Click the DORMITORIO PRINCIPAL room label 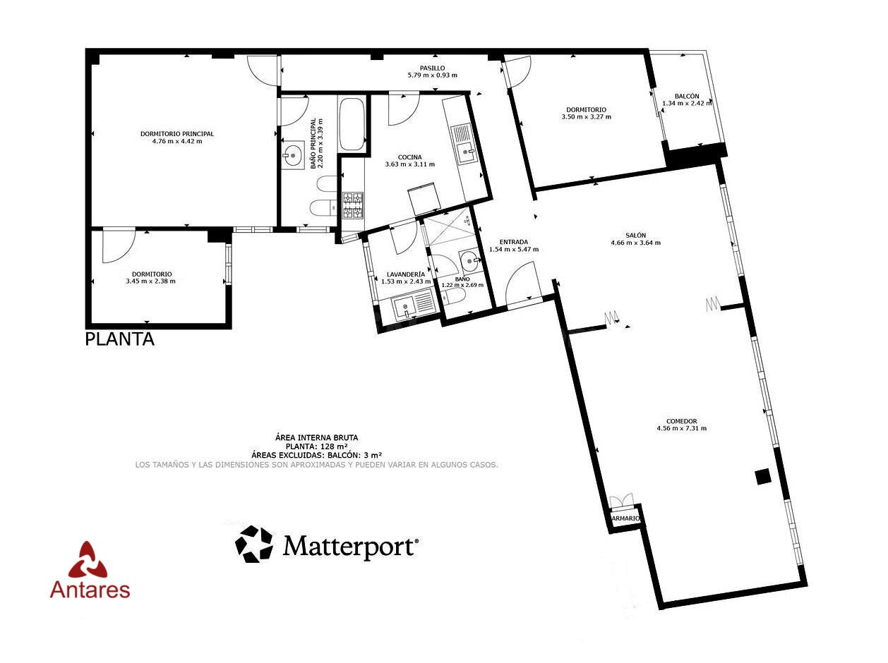[176, 134]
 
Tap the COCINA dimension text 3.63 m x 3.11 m [410, 164]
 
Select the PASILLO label [432, 68]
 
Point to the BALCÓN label [687, 96]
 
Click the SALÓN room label [635, 236]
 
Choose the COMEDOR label [682, 421]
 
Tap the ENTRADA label [513, 242]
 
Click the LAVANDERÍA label [406, 274]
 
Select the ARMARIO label [625, 518]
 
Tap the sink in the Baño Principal [292, 154]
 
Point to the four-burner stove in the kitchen [353, 206]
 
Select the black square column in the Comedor [763, 477]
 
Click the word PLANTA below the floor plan [120, 339]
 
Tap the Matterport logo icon [254, 544]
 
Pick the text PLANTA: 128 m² [317, 446]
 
